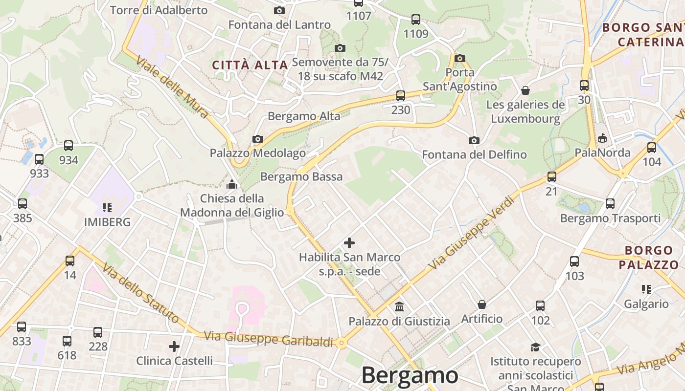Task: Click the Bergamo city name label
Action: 410,375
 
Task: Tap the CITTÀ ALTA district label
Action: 250,65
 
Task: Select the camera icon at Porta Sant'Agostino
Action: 459,58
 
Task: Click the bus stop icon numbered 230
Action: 401,96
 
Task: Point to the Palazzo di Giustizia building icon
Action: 399,307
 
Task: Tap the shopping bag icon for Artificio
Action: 482,304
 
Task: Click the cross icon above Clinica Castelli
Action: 174,347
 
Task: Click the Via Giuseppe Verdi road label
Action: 472,233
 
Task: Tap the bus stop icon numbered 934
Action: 68,146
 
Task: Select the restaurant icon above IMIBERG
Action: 107,207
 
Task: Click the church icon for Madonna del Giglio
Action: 232,184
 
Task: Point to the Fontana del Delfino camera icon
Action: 474,141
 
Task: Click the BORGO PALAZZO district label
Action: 649,258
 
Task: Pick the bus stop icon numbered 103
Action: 574,261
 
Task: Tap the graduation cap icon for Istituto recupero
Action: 536,347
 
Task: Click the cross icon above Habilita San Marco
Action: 349,242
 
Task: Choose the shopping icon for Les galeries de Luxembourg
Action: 525,90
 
